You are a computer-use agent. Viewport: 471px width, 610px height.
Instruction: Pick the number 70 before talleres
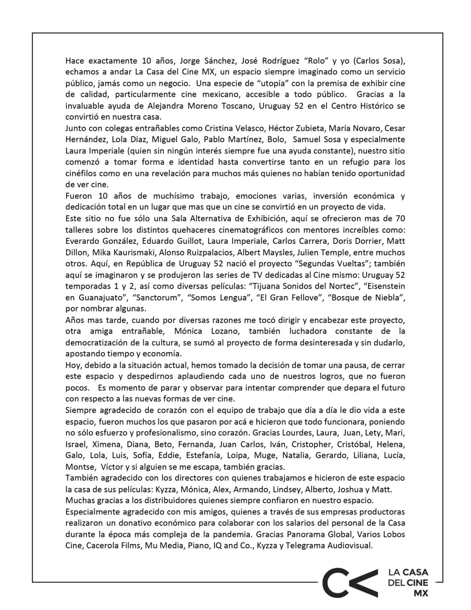pos(400,219)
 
